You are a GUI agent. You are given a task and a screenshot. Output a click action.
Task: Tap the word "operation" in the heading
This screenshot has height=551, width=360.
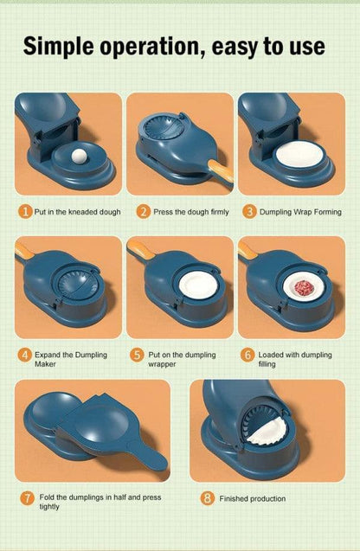click(152, 48)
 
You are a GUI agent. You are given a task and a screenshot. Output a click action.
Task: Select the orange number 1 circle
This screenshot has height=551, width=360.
click(26, 211)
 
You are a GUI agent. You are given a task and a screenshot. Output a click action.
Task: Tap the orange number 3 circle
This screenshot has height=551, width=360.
click(250, 211)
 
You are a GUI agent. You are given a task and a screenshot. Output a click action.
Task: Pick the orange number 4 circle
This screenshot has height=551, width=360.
click(26, 355)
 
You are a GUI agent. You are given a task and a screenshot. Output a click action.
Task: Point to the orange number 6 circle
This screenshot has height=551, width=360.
click(250, 355)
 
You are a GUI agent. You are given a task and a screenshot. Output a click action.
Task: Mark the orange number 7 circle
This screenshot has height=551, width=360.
click(27, 498)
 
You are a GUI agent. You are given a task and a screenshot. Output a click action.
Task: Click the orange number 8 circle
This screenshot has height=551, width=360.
click(207, 498)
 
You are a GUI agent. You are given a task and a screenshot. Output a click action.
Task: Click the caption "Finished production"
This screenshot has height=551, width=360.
click(252, 499)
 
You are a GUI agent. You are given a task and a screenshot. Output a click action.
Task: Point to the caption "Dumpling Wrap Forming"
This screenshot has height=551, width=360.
click(303, 211)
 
